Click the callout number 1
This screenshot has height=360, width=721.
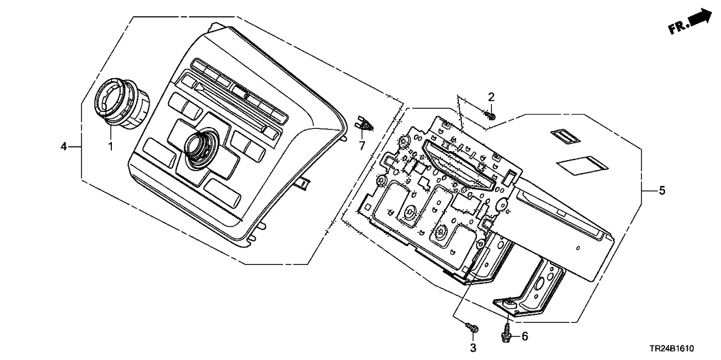tap(110, 146)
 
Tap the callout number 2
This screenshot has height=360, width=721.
tap(491, 97)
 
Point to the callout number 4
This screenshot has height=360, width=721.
tap(64, 147)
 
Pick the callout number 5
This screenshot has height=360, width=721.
tap(662, 191)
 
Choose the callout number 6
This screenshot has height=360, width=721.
tap(524, 336)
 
